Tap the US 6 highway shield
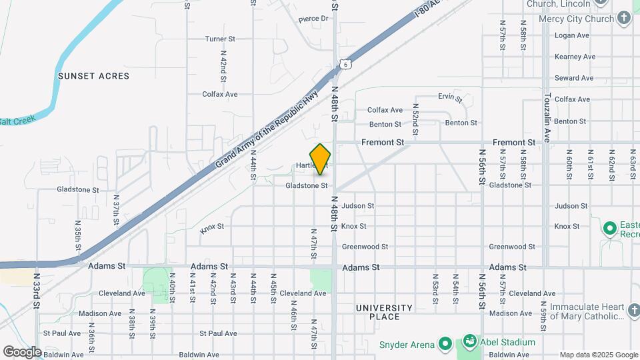pyautogui.click(x=343, y=63)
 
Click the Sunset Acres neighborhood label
pyautogui.click(x=93, y=76)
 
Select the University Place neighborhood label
pyautogui.click(x=384, y=312)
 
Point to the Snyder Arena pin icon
pyautogui.click(x=445, y=345)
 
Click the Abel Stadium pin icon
pyautogui.click(x=469, y=342)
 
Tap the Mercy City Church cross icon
pyautogui.click(x=624, y=19)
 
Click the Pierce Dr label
pyautogui.click(x=314, y=19)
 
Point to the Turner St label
pyautogui.click(x=220, y=39)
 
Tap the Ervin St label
pyautogui.click(x=450, y=97)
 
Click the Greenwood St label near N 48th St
pyautogui.click(x=365, y=247)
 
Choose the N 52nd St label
pyautogui.click(x=415, y=120)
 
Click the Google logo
pyautogui.click(x=22, y=352)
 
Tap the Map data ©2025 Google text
pyautogui.click(x=598, y=355)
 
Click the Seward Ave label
pyautogui.click(x=573, y=78)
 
